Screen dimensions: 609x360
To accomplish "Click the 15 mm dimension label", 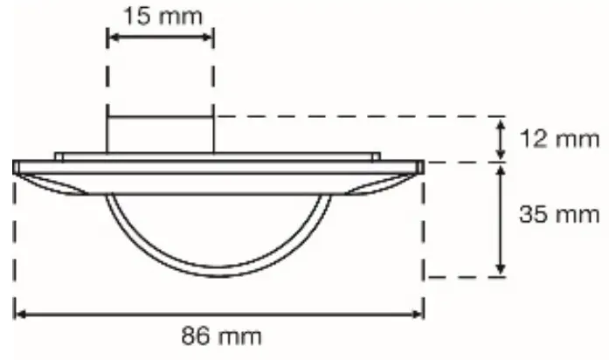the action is pos(163,17).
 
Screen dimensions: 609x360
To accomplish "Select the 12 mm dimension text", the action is pos(560,139).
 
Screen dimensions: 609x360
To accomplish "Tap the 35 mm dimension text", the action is pos(560,214).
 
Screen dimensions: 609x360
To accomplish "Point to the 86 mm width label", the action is pos(221,336).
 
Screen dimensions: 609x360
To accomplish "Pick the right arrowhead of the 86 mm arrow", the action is pos(419,315).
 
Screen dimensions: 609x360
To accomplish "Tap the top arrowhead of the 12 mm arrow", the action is pos(501,125).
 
